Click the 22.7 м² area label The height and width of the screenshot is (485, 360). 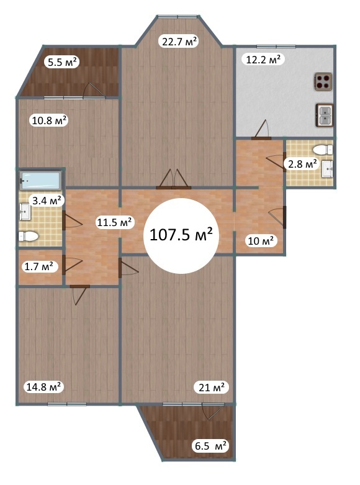[x=179, y=41]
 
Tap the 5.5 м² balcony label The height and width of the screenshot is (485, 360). [x=62, y=62]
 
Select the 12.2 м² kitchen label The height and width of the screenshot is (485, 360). [x=263, y=59]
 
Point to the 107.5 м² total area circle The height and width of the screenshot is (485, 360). [x=181, y=236]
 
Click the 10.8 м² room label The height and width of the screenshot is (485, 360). [x=50, y=120]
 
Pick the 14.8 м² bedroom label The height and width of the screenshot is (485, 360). [x=43, y=387]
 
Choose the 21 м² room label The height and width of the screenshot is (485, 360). [x=212, y=387]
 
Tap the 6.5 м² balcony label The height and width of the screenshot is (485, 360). [x=210, y=446]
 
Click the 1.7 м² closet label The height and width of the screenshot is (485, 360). [x=38, y=266]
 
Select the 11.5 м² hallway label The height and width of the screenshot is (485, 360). [x=114, y=222]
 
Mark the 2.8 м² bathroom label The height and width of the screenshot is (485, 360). [x=302, y=163]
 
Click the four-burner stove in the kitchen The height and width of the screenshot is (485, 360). [x=323, y=81]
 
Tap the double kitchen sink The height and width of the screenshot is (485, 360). [x=325, y=115]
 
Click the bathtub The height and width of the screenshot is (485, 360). [x=40, y=180]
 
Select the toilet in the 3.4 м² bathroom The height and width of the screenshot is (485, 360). [x=29, y=237]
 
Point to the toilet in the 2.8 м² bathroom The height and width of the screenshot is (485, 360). [x=323, y=150]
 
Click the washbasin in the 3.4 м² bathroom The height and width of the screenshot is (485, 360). [x=25, y=212]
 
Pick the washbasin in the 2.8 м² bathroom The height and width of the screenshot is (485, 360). [x=327, y=169]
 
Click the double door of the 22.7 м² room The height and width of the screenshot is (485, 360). [x=173, y=179]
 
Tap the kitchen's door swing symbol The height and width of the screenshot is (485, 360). [x=262, y=129]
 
